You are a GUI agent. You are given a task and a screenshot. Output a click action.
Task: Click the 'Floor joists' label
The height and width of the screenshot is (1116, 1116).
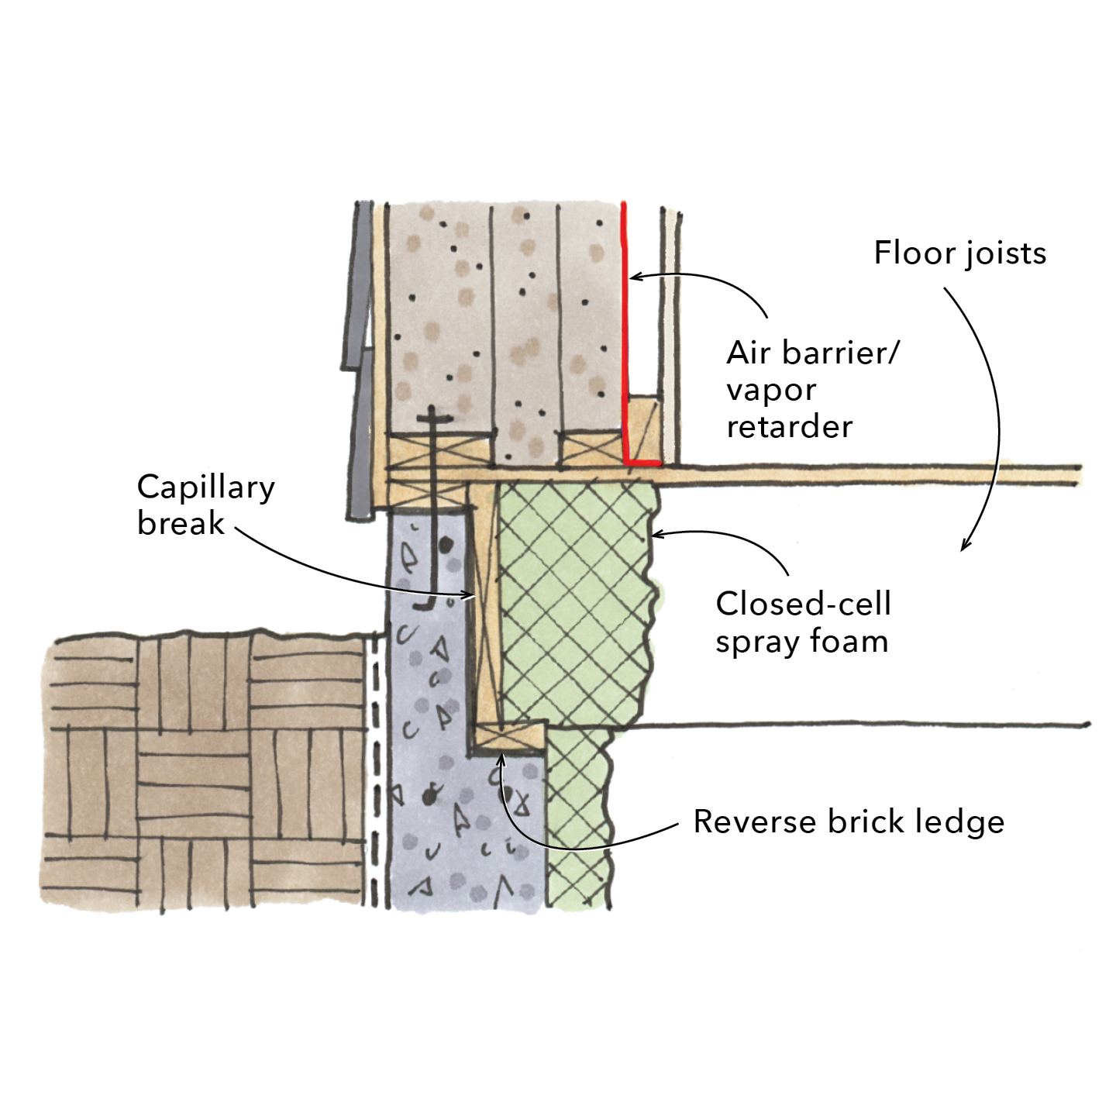pyautogui.click(x=959, y=253)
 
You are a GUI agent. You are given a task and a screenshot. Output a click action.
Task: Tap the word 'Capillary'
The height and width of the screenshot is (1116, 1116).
pyautogui.click(x=205, y=488)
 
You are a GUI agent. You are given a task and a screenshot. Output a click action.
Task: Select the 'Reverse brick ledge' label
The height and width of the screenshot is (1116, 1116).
pyautogui.click(x=848, y=821)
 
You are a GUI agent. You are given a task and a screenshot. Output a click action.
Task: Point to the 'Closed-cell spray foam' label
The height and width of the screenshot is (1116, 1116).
pyautogui.click(x=803, y=622)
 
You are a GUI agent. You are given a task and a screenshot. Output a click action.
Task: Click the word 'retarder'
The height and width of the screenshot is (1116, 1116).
pyautogui.click(x=789, y=426)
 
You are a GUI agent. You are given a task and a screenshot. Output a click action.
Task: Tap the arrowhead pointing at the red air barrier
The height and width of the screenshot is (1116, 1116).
pyautogui.click(x=633, y=276)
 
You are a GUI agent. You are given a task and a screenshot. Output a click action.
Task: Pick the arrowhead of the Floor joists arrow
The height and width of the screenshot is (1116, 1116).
pyautogui.click(x=965, y=546)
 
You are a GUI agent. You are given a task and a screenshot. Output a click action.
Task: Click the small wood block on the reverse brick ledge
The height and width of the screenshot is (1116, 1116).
pyautogui.click(x=508, y=735)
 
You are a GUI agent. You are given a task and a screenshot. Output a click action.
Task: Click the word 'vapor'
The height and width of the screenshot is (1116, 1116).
pyautogui.click(x=771, y=390)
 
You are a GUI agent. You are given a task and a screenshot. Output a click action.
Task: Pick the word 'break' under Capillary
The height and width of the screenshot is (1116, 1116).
pyautogui.click(x=181, y=523)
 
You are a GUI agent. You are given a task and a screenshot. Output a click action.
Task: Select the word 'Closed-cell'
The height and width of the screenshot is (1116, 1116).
pyautogui.click(x=803, y=604)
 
